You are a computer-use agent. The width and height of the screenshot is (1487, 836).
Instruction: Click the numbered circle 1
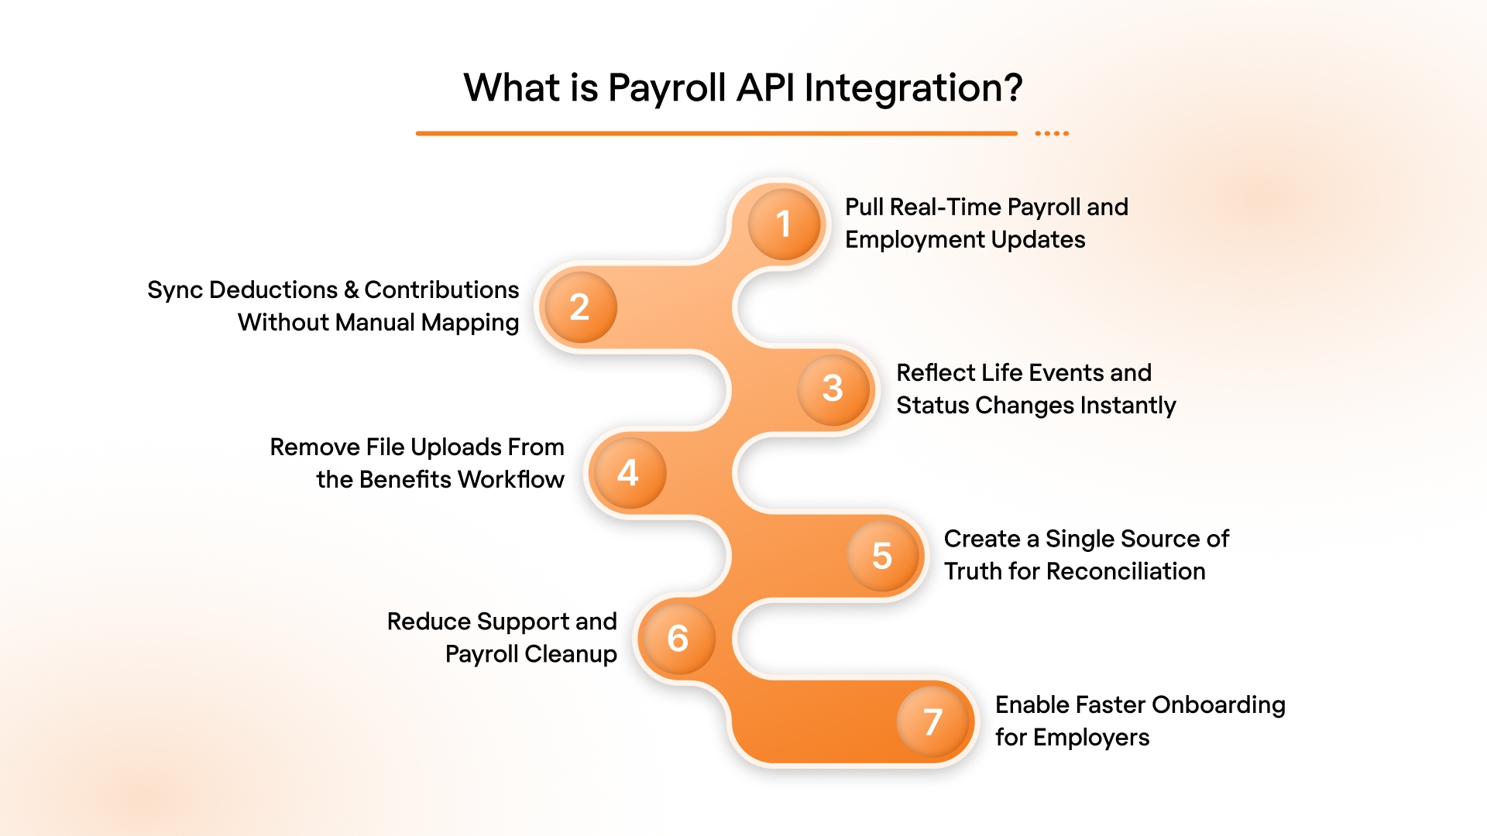(x=784, y=224)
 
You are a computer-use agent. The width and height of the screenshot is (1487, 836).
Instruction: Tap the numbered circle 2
(x=579, y=307)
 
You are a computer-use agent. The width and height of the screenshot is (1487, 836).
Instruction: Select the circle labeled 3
(x=833, y=388)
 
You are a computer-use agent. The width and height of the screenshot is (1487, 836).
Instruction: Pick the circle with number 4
(x=627, y=472)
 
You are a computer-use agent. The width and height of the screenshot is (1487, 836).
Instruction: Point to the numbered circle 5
(x=882, y=555)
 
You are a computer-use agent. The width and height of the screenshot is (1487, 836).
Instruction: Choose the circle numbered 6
(x=678, y=639)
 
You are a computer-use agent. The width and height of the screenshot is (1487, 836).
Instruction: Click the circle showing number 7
(x=932, y=721)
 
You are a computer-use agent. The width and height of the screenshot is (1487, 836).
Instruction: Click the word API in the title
(x=765, y=87)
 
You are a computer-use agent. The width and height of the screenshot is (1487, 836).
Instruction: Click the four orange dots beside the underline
(x=1052, y=134)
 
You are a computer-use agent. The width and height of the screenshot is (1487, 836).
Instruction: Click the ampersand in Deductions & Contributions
(x=351, y=290)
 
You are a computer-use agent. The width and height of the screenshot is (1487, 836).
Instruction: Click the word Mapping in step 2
(x=470, y=323)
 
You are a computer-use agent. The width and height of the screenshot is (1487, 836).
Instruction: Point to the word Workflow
(x=511, y=480)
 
